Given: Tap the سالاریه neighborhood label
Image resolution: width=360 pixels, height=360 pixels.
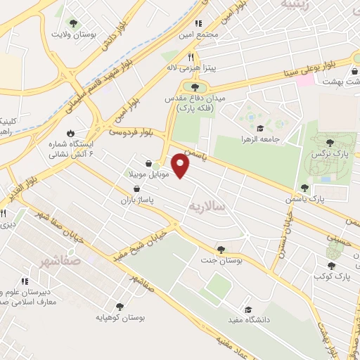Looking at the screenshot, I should pos(208,206).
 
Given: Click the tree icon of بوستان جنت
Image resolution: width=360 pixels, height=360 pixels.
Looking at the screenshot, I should pos(221,249).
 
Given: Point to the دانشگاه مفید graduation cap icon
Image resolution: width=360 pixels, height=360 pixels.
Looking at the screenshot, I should pos(247,309).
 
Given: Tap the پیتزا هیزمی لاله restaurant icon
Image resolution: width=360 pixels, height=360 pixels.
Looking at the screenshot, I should pos(190,58).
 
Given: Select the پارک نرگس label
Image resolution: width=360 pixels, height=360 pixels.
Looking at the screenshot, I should pos(330,152).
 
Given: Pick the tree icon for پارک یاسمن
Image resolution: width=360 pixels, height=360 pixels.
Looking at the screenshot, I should pos(304,188).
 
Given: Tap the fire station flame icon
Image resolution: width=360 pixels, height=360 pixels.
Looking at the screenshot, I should pos(70,133).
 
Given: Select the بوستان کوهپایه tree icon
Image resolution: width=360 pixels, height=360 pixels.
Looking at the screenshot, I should pos(119,307).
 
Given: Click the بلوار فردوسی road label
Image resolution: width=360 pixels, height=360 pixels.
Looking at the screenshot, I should pos(130,131).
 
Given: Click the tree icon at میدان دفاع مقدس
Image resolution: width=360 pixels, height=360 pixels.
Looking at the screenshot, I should pos(195,86).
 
